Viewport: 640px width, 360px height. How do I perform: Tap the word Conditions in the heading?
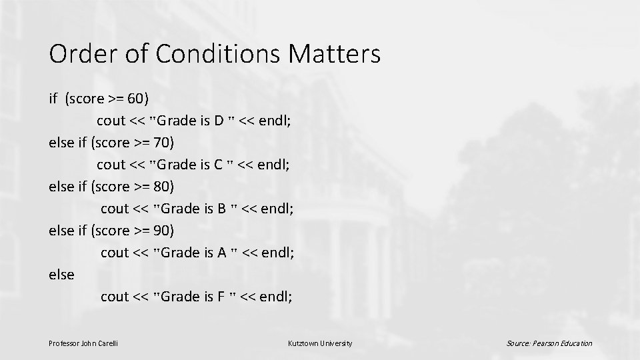click(x=213, y=54)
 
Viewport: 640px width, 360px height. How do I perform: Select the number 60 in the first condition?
click(x=135, y=99)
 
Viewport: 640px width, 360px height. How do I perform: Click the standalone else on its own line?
click(x=61, y=275)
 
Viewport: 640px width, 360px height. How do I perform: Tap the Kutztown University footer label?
click(x=320, y=343)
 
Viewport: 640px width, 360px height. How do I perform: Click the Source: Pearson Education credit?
click(x=549, y=343)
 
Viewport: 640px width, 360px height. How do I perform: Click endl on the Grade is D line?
click(x=273, y=121)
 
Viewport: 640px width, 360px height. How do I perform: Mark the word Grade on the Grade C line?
click(x=176, y=165)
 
